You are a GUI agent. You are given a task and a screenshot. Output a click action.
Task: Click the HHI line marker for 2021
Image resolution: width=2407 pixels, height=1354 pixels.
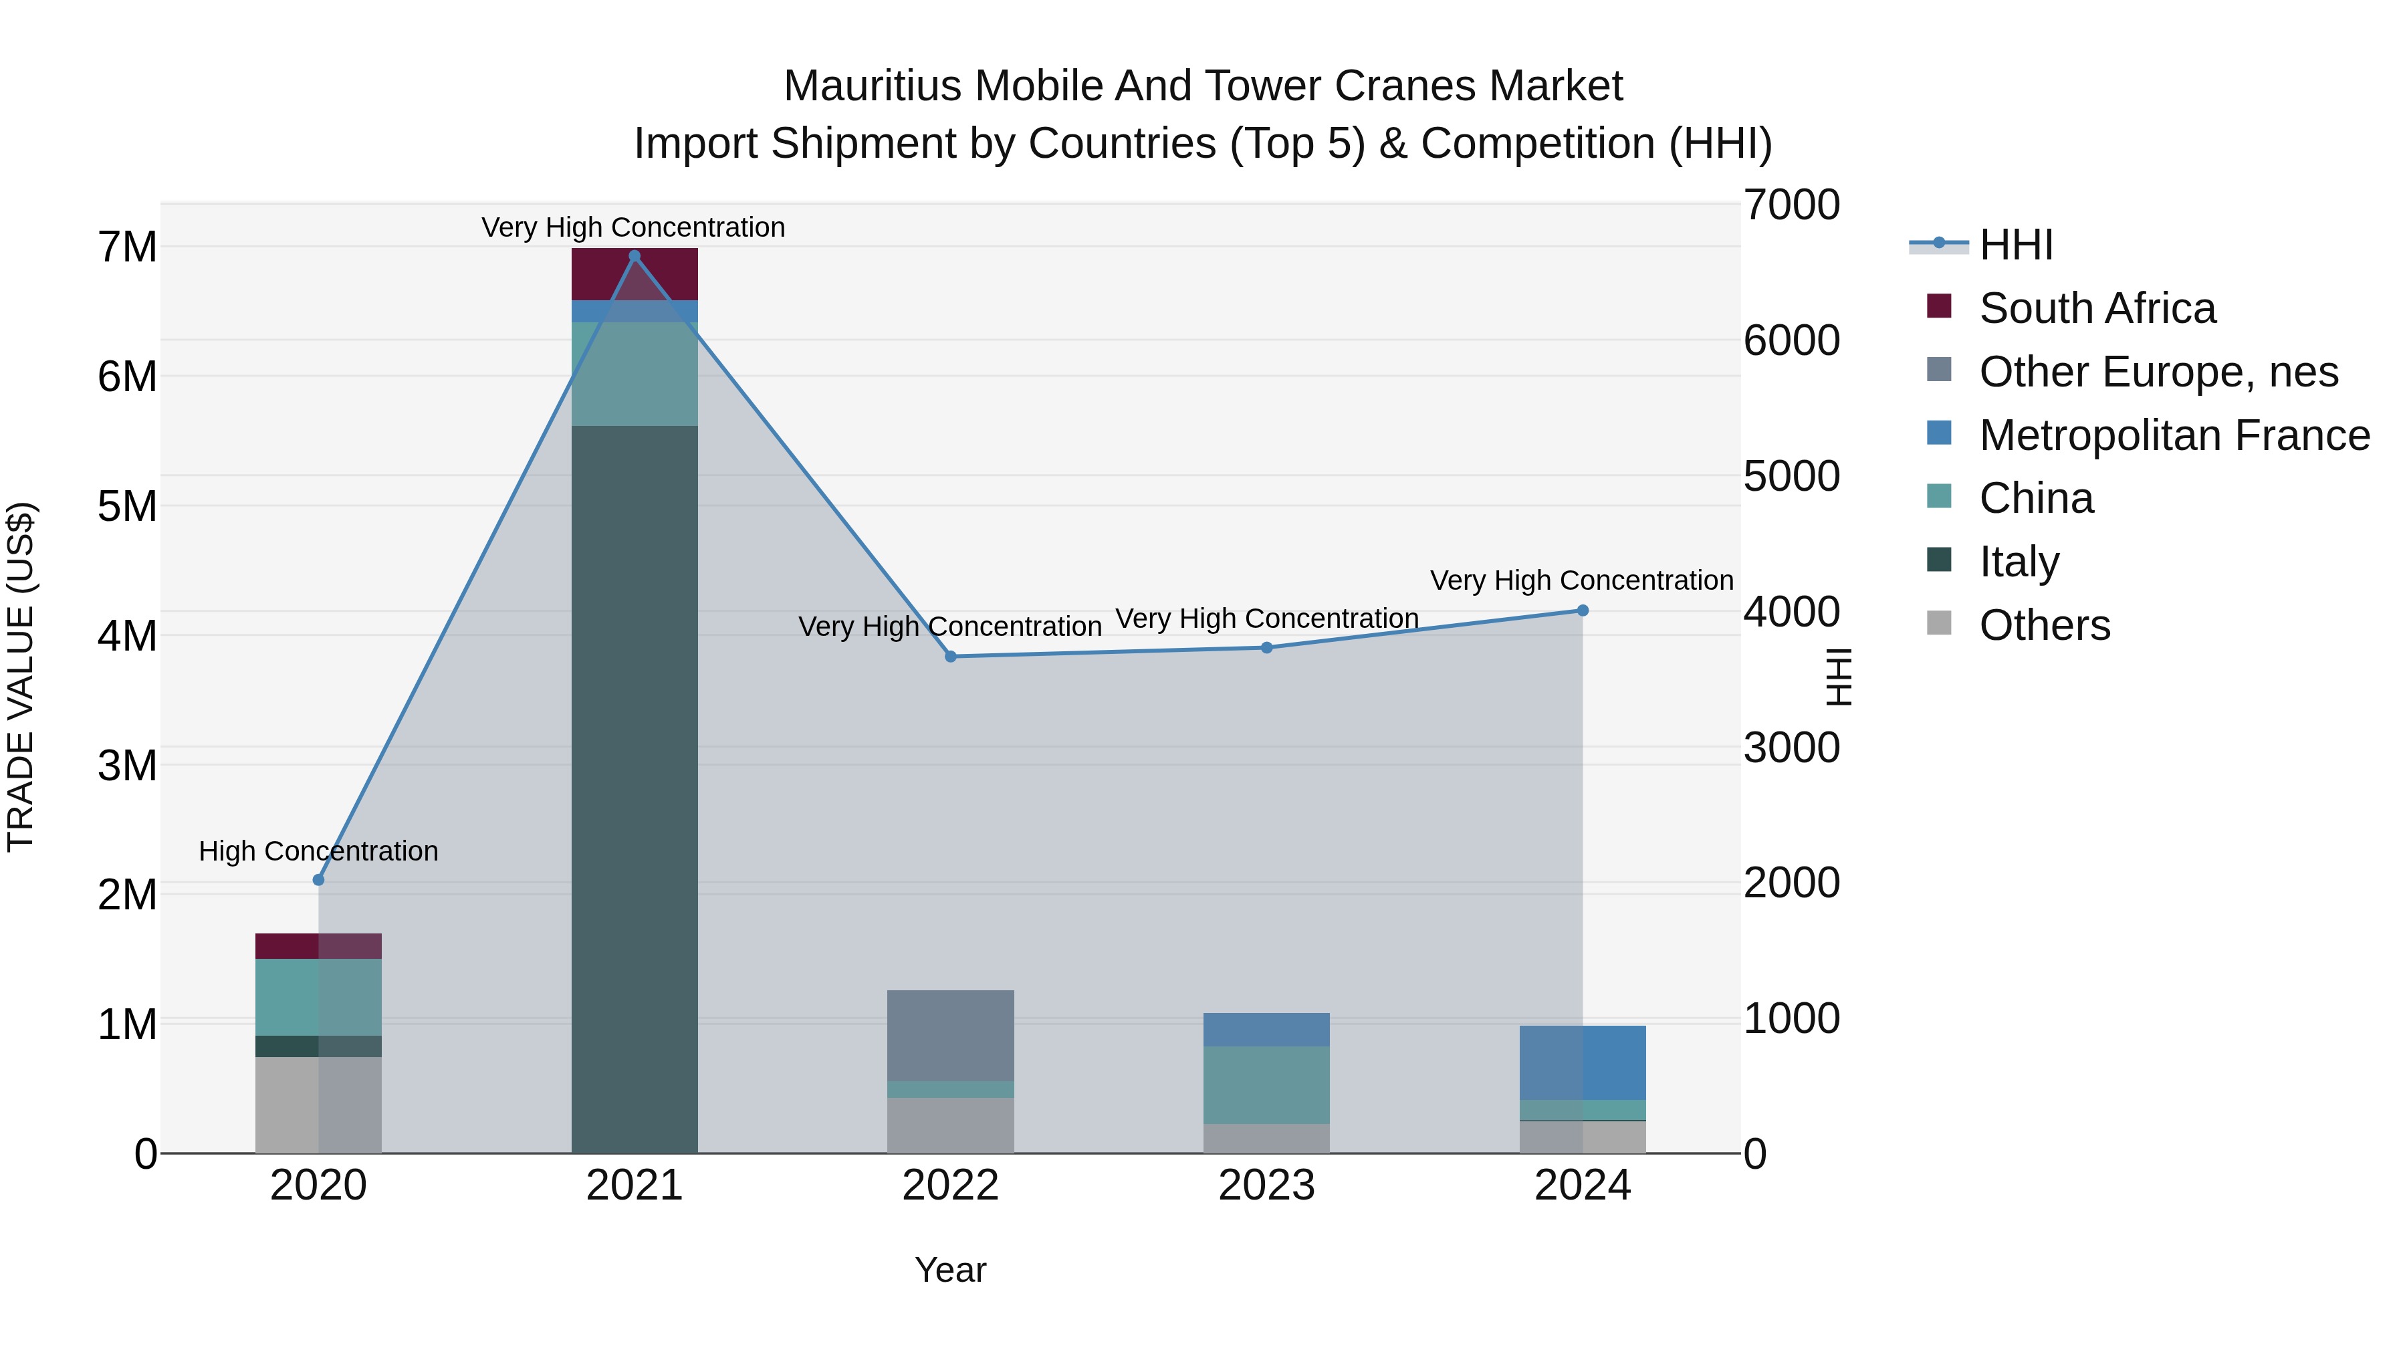tap(635, 256)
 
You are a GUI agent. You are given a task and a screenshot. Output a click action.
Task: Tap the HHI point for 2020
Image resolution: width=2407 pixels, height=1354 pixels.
tap(319, 879)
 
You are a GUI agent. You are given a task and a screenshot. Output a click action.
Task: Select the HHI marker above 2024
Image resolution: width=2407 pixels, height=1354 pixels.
tap(1583, 610)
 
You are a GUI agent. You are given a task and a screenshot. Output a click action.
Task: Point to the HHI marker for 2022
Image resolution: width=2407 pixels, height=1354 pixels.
tap(950, 657)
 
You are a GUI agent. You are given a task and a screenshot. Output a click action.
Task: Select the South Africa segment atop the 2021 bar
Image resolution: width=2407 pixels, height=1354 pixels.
tap(635, 273)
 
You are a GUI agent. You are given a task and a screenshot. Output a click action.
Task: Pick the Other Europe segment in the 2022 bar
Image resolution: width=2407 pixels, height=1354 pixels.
tap(950, 1035)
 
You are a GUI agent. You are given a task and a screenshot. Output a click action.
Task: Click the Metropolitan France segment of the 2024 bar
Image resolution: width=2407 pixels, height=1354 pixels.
tap(1583, 1062)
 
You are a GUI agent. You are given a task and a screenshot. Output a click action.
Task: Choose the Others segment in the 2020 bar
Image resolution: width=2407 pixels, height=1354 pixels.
tap(319, 1105)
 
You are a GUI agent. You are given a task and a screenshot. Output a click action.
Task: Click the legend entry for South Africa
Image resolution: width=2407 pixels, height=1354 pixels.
tap(2096, 308)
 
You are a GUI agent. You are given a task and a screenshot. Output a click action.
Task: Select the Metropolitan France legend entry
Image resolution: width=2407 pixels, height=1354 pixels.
tap(2174, 435)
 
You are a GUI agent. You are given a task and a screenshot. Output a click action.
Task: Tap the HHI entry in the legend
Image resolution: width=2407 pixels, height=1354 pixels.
tap(2015, 245)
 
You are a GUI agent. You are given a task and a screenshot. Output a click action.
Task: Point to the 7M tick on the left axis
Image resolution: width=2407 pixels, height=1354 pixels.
tap(127, 247)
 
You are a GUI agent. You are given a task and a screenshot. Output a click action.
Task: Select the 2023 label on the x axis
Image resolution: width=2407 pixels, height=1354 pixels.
tap(1266, 1186)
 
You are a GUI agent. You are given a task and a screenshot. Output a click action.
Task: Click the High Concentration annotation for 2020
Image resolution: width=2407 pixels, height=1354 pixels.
tap(319, 851)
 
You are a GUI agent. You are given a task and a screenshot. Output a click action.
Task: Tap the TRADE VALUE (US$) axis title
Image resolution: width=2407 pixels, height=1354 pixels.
tap(21, 677)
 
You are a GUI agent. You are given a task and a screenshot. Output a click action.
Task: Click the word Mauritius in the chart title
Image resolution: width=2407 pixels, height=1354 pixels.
tap(871, 86)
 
